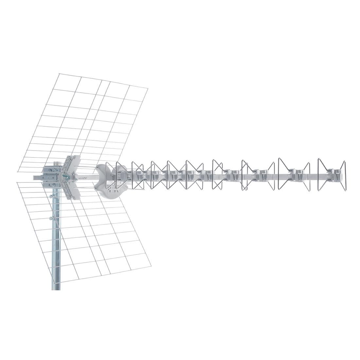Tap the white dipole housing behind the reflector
[106, 180]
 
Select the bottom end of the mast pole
[56, 288]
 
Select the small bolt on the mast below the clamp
[51, 218]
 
